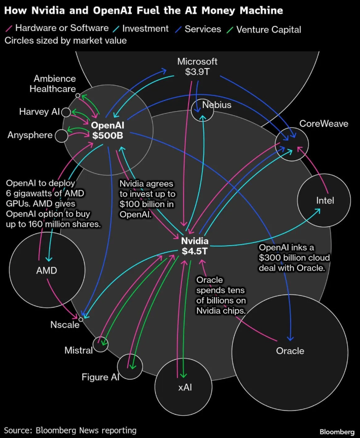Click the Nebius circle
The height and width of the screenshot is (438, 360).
(202, 110)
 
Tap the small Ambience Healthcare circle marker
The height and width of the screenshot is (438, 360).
(78, 95)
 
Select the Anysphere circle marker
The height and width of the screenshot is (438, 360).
(61, 136)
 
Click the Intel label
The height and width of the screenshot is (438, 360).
(325, 200)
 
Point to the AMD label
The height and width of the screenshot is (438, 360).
(47, 271)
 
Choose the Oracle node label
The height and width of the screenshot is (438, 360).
(290, 351)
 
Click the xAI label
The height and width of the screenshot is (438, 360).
(187, 387)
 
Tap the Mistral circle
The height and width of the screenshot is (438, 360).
(101, 345)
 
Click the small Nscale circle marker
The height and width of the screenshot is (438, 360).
(81, 319)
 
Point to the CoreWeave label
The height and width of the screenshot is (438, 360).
(323, 123)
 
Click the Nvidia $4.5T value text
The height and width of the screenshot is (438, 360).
(195, 250)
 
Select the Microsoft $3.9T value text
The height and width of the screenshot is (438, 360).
(197, 72)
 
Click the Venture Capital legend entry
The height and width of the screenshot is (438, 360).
(266, 29)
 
